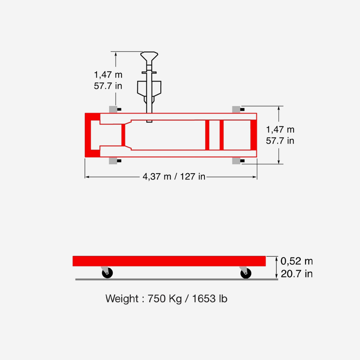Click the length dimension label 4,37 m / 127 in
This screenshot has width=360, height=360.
(x=174, y=176)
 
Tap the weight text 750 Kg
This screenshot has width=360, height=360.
(x=164, y=299)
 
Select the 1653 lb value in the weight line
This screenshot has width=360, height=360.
(x=210, y=299)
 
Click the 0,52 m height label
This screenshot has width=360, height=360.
(x=297, y=261)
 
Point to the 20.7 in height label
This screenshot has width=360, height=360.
(x=297, y=274)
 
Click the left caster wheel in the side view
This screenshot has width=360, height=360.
(x=107, y=273)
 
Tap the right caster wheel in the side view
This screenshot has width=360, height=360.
(x=246, y=273)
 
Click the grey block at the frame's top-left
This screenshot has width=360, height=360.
(x=113, y=110)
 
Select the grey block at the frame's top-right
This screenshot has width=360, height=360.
(x=236, y=110)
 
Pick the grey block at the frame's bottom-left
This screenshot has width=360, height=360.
(x=113, y=161)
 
